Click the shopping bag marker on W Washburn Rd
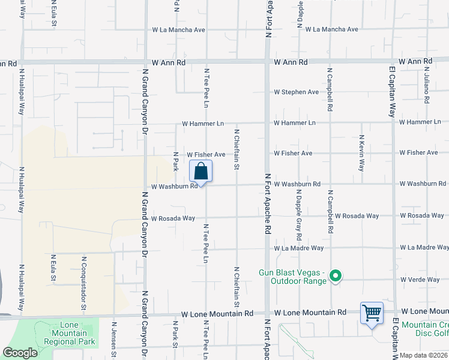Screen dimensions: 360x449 point(201,172)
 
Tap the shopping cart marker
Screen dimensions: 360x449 point(372,313)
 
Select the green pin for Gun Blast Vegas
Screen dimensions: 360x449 point(336,277)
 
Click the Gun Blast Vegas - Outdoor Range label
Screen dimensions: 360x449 point(292,277)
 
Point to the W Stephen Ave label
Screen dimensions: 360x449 point(296,92)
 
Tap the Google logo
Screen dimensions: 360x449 point(20,353)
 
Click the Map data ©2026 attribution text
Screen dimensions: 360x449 point(423,355)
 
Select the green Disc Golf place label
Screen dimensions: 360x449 point(424,329)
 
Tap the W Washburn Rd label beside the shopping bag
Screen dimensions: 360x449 point(174,187)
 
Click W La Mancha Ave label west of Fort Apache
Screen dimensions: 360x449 point(179,29)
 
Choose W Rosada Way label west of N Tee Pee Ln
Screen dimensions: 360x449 point(173,218)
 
